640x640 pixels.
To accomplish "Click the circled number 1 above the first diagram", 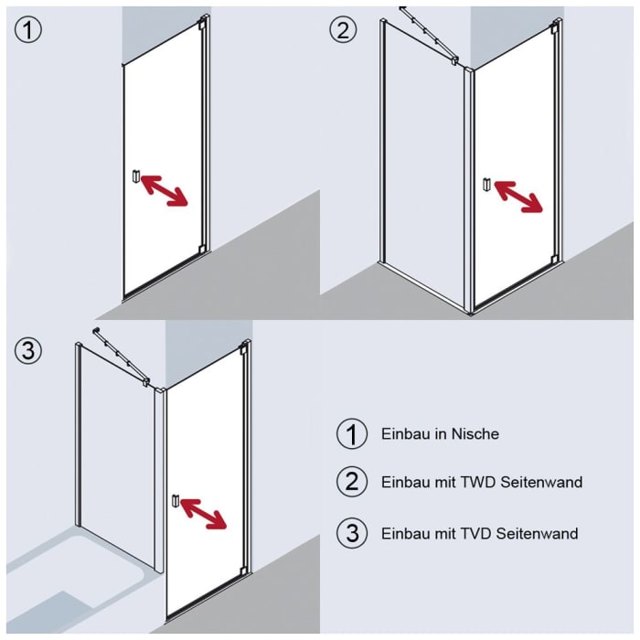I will (28, 29).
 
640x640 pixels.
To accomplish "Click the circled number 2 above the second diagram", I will (343, 29).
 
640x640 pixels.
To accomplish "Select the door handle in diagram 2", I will (487, 186).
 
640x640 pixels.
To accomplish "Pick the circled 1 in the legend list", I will (351, 434).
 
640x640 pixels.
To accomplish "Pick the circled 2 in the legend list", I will (351, 482).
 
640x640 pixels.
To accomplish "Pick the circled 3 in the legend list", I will (351, 533).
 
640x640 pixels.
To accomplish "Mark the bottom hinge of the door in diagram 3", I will (244, 573).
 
